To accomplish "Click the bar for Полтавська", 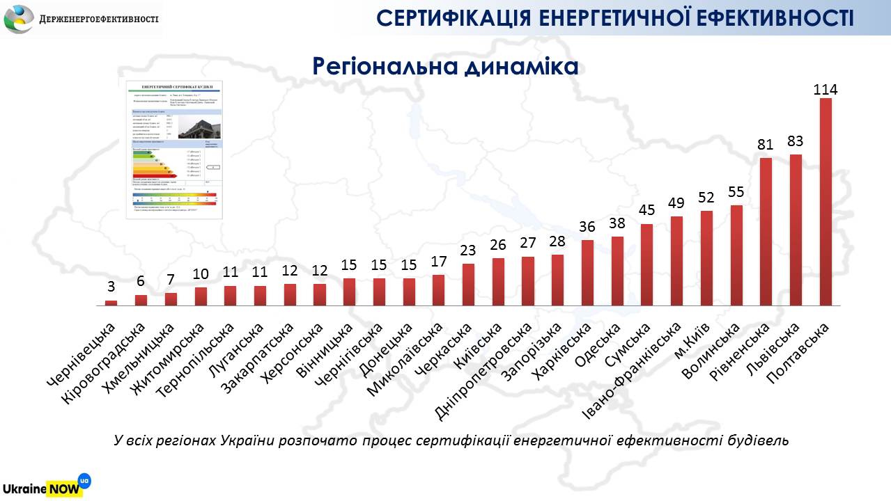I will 826,202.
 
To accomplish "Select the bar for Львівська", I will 796,230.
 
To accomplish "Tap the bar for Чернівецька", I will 111,303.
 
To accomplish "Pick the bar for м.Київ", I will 706,258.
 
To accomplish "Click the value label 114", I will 826,90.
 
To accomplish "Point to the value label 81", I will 766,145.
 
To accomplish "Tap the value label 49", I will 676,203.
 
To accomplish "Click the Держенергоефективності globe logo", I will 19,18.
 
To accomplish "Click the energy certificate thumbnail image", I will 174,149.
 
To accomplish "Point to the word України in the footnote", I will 247,441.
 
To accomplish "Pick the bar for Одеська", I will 617,271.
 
